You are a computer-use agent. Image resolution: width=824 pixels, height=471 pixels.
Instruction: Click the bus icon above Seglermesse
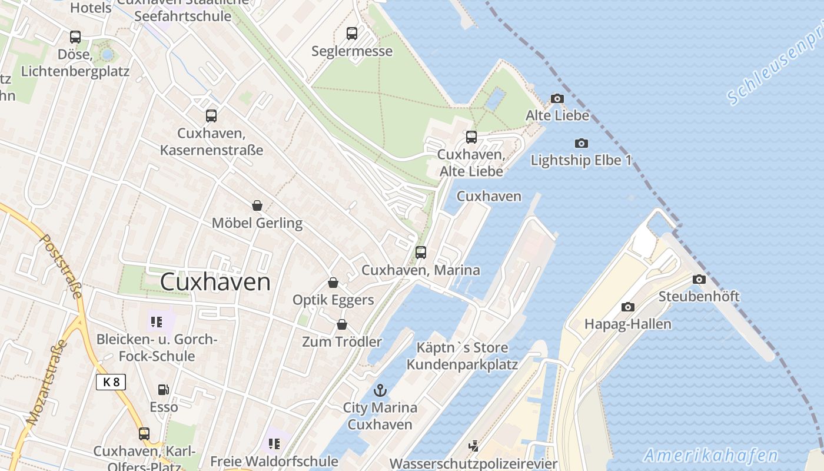(x=352, y=34)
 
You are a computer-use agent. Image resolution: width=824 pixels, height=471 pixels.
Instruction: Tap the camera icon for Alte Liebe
(x=557, y=98)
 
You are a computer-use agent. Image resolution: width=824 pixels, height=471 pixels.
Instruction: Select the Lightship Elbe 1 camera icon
(x=581, y=143)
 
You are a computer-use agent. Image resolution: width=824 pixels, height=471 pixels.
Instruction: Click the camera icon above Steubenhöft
(x=699, y=279)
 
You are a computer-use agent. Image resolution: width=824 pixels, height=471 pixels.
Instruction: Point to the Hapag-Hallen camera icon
(x=628, y=307)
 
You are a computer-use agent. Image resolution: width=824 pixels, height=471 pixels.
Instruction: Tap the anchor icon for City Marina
(x=381, y=390)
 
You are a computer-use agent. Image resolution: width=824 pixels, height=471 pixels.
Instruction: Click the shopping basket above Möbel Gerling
(x=257, y=205)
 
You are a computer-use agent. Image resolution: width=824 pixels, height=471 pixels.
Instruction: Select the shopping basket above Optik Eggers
(x=333, y=283)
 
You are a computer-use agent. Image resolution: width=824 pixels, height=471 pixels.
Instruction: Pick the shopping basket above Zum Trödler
(x=342, y=324)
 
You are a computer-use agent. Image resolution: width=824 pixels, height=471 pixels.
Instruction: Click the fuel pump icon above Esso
(x=163, y=389)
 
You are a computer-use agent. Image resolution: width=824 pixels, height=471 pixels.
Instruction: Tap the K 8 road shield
(x=111, y=382)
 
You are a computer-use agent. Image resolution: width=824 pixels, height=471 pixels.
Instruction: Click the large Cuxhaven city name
(x=215, y=282)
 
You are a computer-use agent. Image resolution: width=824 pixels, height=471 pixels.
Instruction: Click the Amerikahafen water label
(x=711, y=455)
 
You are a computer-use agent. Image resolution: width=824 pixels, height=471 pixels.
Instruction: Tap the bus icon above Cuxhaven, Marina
(x=420, y=253)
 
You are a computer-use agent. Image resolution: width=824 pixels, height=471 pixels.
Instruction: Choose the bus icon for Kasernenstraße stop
(x=211, y=116)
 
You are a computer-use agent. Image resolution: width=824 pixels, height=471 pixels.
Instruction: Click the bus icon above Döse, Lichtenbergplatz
(x=75, y=37)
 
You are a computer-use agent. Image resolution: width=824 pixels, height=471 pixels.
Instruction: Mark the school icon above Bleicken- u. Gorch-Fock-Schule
(x=156, y=322)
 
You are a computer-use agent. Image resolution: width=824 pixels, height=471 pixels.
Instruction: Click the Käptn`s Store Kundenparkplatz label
(x=462, y=356)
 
